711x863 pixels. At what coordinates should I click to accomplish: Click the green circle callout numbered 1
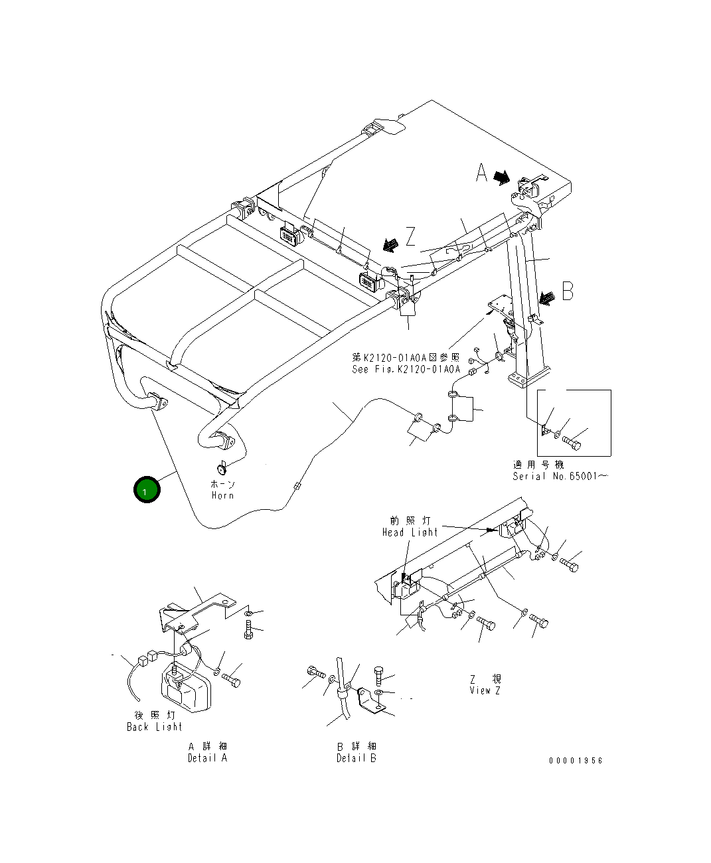(147, 490)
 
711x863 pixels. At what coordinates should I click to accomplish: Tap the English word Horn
(222, 495)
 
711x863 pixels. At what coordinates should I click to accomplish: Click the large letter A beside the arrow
(482, 173)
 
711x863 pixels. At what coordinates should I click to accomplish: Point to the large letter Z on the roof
(411, 236)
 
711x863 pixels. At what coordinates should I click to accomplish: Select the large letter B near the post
(568, 291)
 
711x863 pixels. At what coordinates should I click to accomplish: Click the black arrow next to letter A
(502, 177)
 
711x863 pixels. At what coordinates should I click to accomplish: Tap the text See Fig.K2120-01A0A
(406, 369)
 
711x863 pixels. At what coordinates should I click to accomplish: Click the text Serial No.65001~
(560, 476)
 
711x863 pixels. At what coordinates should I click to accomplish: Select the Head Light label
(410, 532)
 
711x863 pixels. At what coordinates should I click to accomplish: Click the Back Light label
(154, 727)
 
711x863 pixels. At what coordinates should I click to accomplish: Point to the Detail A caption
(207, 758)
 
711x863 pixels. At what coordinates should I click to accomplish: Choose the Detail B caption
(356, 758)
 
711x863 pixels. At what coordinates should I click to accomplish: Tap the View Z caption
(485, 690)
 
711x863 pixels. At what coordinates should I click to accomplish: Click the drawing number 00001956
(576, 761)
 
